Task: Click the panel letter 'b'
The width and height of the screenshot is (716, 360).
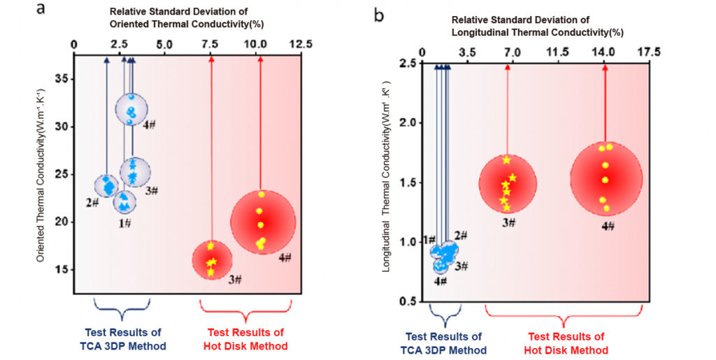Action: coord(379,13)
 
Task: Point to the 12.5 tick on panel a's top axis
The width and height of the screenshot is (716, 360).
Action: coord(301,44)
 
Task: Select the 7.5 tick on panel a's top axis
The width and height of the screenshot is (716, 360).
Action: coord(210,44)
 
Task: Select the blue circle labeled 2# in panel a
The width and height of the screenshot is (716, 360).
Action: coord(107,185)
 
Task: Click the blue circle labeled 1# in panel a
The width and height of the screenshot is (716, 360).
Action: coord(125,202)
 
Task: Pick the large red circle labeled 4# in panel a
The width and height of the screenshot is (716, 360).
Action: coord(263,221)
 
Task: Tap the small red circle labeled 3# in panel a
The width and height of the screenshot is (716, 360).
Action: coord(212,260)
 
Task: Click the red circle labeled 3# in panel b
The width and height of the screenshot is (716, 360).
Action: coord(508,184)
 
